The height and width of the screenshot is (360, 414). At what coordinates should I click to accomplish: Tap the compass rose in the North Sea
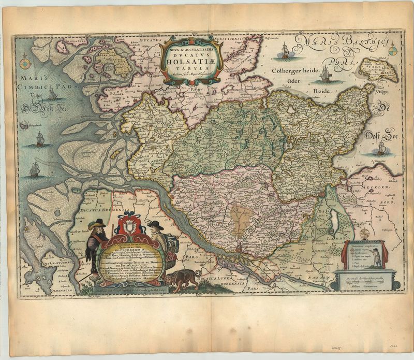click(24, 64)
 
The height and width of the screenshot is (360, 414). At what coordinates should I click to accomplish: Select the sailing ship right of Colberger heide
click(325, 75)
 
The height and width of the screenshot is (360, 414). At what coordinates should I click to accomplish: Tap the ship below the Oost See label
click(381, 149)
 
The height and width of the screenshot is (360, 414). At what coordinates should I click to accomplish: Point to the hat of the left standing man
click(97, 223)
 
